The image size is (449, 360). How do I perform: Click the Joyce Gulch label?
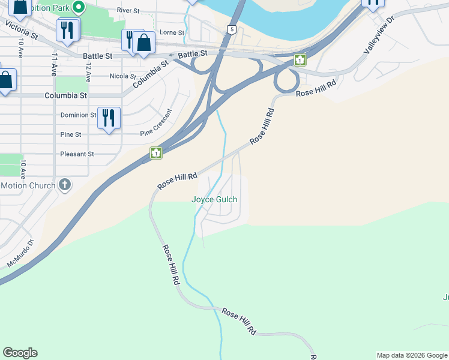point(214,199)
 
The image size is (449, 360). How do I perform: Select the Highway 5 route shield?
point(232,29)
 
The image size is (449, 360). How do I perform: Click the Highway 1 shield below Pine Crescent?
point(156,153)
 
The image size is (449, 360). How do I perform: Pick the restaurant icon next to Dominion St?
point(109,117)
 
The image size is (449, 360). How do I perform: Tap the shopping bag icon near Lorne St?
point(143,43)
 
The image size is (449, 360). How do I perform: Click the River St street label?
point(128,11)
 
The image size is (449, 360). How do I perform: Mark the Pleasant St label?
point(77,154)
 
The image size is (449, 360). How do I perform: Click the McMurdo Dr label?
point(21,254)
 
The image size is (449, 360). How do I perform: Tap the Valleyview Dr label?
point(379,35)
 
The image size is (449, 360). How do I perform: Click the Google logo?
point(20,353)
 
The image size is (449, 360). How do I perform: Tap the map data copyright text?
point(412,355)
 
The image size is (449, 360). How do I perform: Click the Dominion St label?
point(78,115)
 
